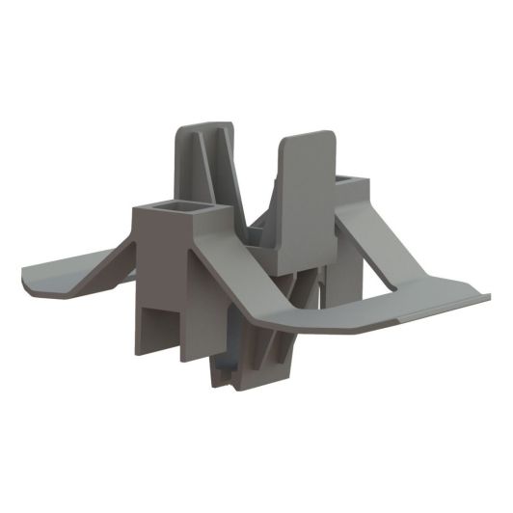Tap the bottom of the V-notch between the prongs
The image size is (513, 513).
(255, 228)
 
